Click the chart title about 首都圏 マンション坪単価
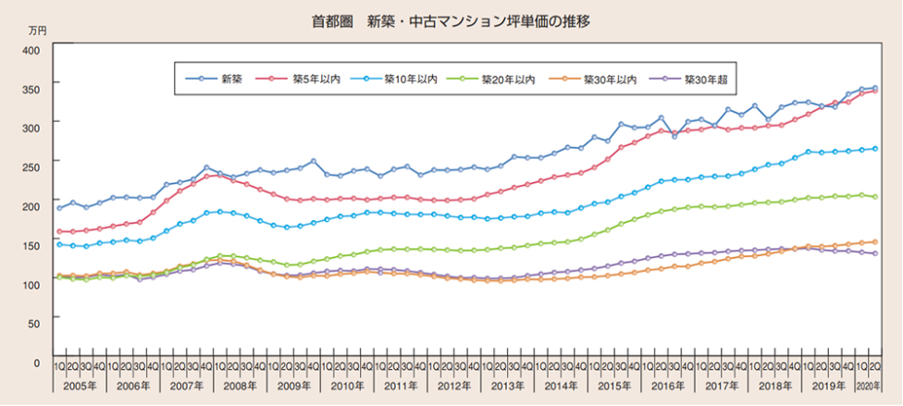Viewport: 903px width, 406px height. [x=451, y=20]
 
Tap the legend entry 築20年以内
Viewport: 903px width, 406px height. [x=508, y=79]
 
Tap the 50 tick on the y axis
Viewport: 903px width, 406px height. [x=32, y=323]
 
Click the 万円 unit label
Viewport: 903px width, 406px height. [x=37, y=31]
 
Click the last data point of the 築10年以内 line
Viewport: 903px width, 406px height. [x=874, y=148]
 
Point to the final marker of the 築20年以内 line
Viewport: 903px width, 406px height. [x=874, y=197]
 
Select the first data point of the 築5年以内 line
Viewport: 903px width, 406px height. [x=60, y=231]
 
